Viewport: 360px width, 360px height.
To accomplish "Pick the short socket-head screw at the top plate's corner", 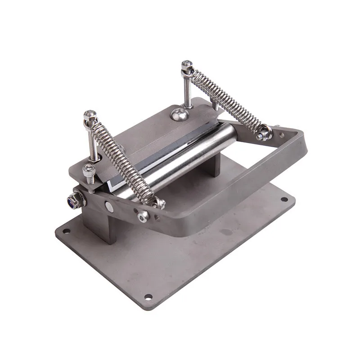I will point(89,171).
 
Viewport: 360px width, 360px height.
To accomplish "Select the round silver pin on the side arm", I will point(109,207).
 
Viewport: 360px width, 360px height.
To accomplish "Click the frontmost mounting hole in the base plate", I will point(148,297).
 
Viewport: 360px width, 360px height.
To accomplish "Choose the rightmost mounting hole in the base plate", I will point(284,199).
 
